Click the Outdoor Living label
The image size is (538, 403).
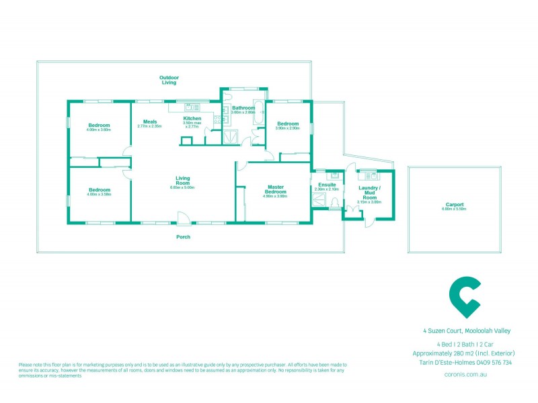point(169,80)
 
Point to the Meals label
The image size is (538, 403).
point(149,122)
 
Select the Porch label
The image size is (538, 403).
point(183,236)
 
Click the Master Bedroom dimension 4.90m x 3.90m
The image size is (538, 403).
point(275,196)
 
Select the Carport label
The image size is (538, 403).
point(455,204)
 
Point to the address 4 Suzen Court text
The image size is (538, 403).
point(467,330)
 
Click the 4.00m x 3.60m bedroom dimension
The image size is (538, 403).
point(98,130)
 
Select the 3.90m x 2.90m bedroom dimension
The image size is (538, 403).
point(288,128)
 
